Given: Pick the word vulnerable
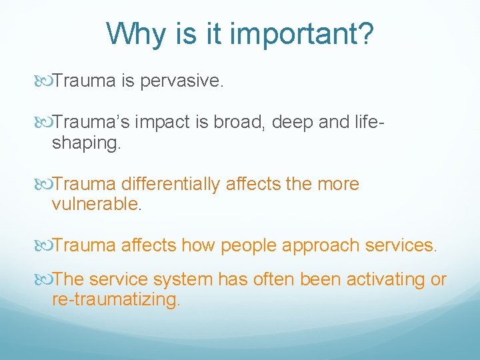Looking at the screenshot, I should [96, 205].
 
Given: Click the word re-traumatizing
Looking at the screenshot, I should [115, 300].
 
